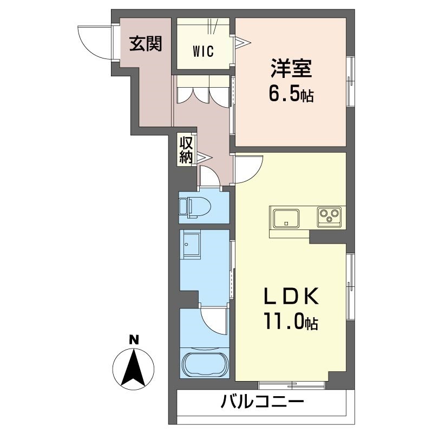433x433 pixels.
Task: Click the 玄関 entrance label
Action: tap(145, 44)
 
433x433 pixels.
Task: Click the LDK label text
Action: tap(291, 298)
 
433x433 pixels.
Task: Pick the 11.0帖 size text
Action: tap(291, 323)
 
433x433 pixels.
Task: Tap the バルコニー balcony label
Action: tap(262, 403)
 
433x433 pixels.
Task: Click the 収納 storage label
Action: tap(186, 150)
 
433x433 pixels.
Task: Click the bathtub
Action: tap(204, 364)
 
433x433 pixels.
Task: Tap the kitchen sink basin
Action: tap(284, 218)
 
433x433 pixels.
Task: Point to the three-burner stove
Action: tap(328, 216)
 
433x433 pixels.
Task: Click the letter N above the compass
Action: tap(134, 340)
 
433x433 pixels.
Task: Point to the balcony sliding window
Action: tap(292, 385)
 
